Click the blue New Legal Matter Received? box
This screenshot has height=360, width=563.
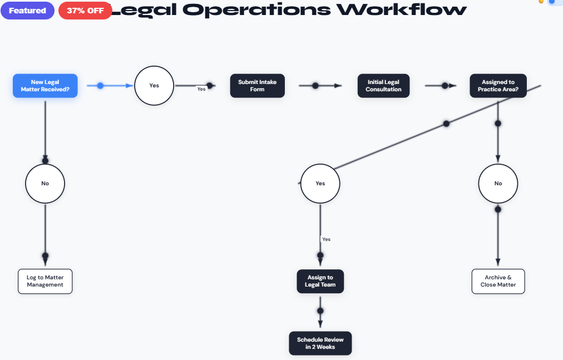(45, 86)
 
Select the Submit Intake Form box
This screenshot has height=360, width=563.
(257, 86)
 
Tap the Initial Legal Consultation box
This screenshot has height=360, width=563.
(383, 86)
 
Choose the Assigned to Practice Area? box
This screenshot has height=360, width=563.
(498, 86)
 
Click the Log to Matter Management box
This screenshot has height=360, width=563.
(45, 281)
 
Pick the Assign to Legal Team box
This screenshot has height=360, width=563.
(320, 281)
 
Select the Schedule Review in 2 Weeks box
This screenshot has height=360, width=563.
(320, 343)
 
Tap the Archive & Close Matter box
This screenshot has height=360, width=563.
(498, 281)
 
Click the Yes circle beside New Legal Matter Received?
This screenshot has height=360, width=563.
(154, 86)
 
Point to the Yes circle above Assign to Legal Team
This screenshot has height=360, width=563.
(320, 183)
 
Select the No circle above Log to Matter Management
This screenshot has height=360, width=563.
(45, 183)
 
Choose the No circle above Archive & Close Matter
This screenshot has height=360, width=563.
(498, 183)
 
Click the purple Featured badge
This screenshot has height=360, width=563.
(27, 11)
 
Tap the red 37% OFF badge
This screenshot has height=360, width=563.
(85, 11)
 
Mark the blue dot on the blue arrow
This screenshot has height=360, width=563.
(100, 86)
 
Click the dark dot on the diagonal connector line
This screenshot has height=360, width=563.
(446, 124)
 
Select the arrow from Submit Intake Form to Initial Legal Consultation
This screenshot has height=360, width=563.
(320, 86)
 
